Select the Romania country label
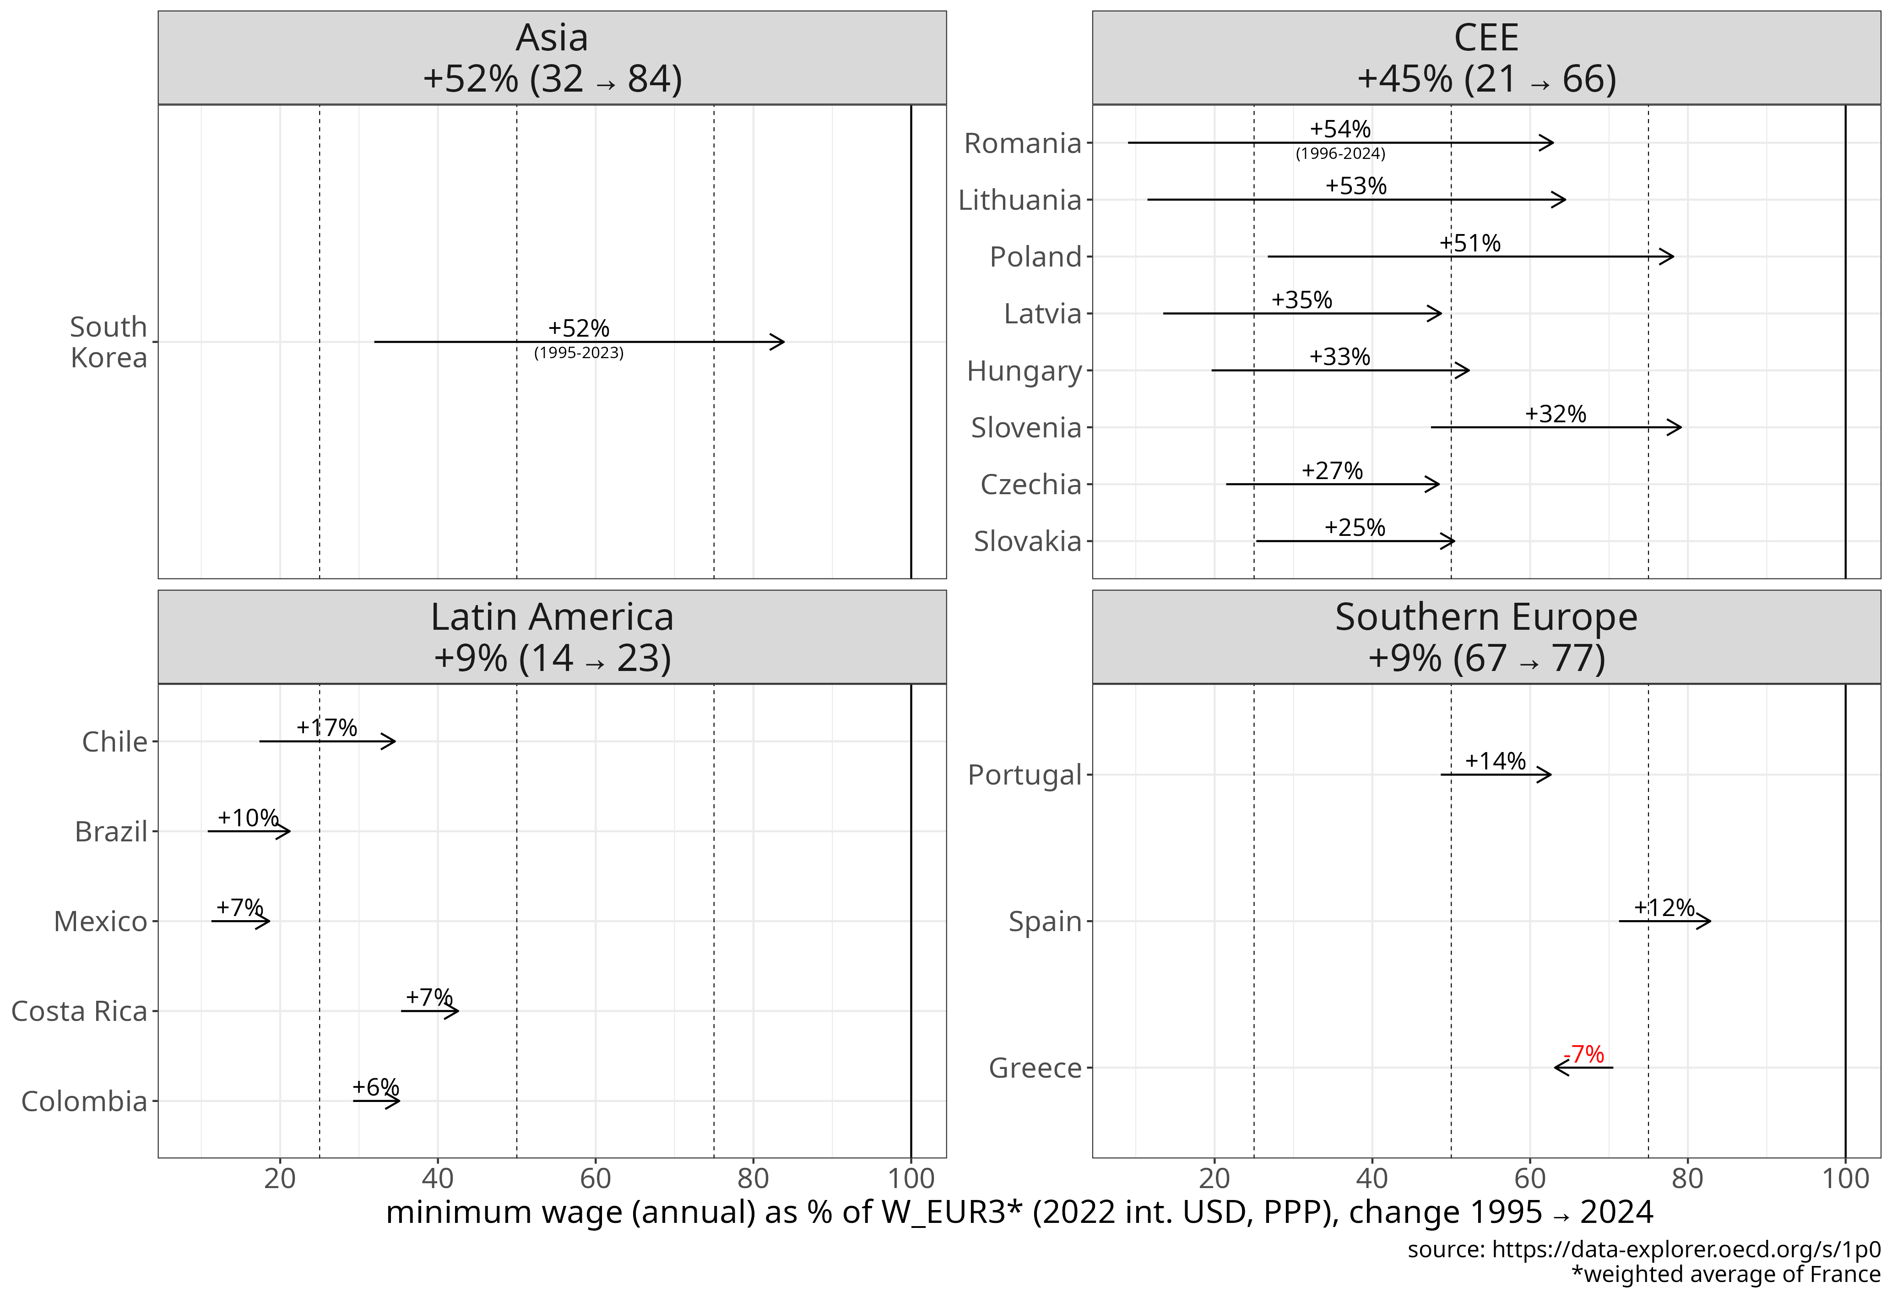pyautogui.click(x=1023, y=143)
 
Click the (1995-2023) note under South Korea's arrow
pyautogui.click(x=579, y=353)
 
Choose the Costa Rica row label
pyautogui.click(x=79, y=1011)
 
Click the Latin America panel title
pyautogui.click(x=552, y=617)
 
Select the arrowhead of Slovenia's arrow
pyautogui.click(x=1676, y=427)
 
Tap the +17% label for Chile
pyautogui.click(x=326, y=727)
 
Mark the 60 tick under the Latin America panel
pyautogui.click(x=595, y=1178)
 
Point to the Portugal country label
pyautogui.click(x=1024, y=775)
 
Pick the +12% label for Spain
pyautogui.click(x=1664, y=907)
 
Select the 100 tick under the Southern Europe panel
pyautogui.click(x=1845, y=1178)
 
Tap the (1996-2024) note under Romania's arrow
pyautogui.click(x=1340, y=153)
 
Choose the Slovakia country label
pyautogui.click(x=1027, y=541)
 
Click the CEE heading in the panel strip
pyautogui.click(x=1486, y=38)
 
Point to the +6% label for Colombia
pyautogui.click(x=375, y=1087)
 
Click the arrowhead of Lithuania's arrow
pyautogui.click(x=1561, y=200)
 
